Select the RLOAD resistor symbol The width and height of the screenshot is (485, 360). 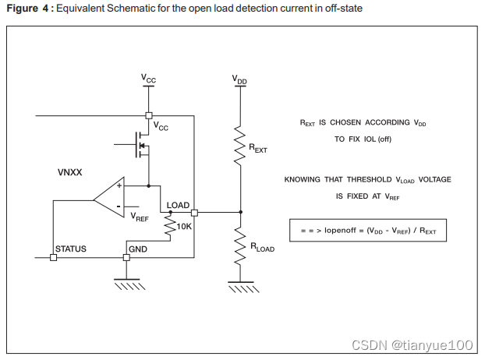point(240,247)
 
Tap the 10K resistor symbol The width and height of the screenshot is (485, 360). point(171,227)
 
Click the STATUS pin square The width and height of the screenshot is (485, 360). point(53,257)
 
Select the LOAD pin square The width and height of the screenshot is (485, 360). point(194,212)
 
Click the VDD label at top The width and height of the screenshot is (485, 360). point(240,79)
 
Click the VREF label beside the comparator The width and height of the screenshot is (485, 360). point(140,217)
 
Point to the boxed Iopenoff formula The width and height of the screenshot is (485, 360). point(368,231)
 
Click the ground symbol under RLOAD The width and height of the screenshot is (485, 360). point(240,286)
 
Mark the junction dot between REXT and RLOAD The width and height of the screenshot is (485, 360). point(240,211)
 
